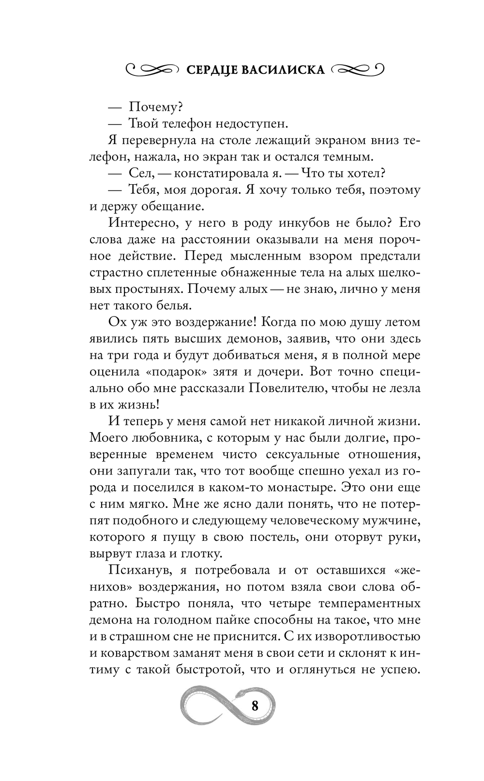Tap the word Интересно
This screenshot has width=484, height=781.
143,223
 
